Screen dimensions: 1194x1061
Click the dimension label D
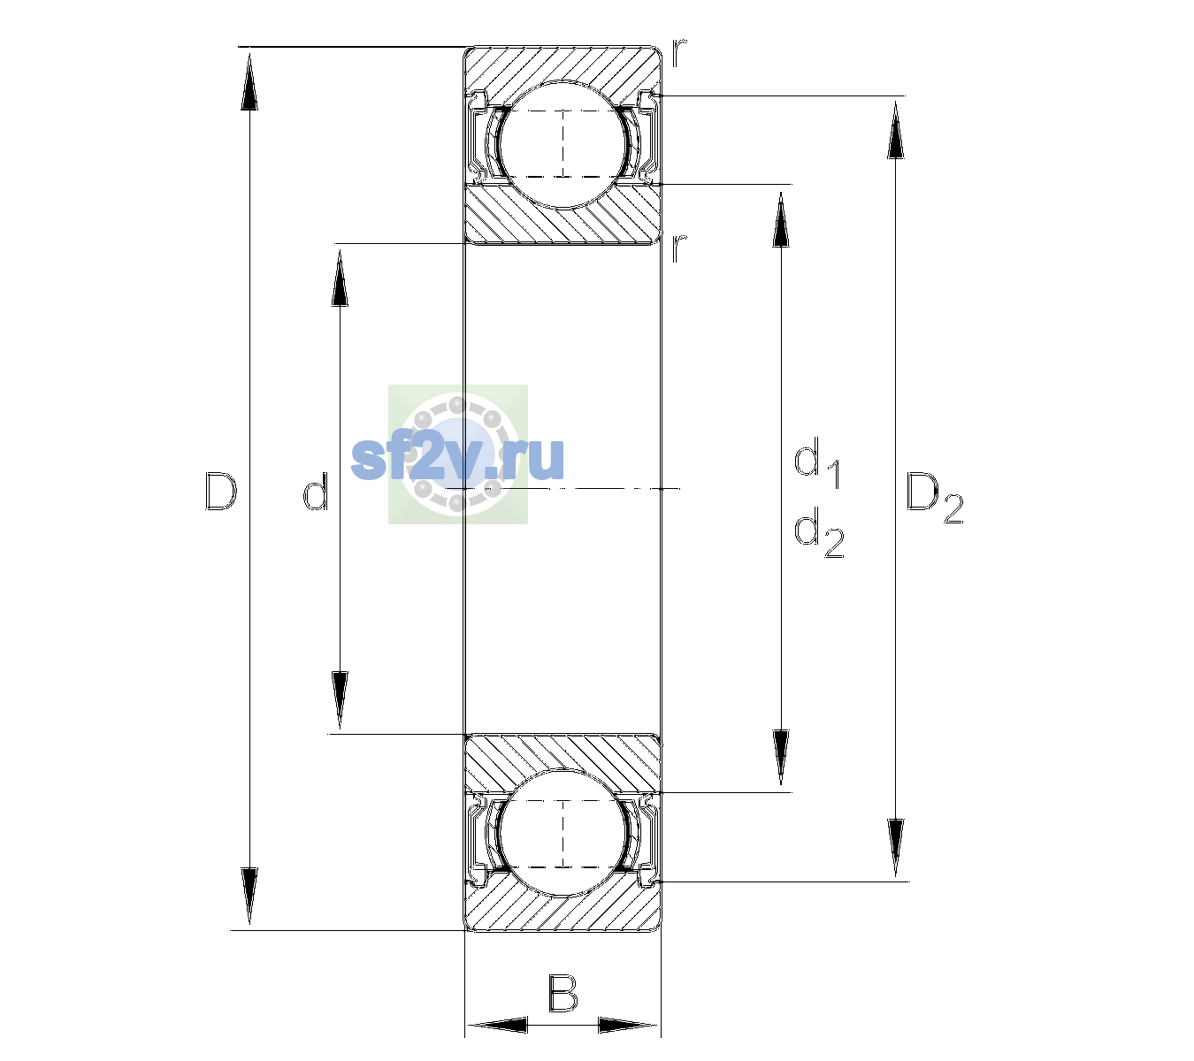coord(221,491)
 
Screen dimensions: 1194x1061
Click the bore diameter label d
coord(315,491)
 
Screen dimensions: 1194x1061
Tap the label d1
coord(817,463)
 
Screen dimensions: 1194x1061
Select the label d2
coord(819,532)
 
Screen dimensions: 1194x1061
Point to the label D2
coord(934,498)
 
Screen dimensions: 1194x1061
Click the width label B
coord(563,993)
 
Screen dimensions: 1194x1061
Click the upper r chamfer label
coord(678,53)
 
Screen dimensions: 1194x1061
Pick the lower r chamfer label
coord(679,248)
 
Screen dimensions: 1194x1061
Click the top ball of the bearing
coord(563,144)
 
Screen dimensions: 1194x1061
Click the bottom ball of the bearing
coord(563,833)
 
